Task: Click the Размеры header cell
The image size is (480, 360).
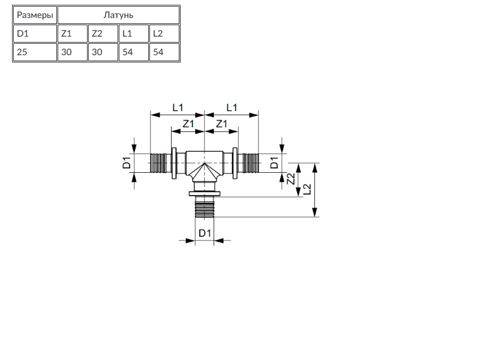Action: (35, 15)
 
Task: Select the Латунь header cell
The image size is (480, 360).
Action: (118, 15)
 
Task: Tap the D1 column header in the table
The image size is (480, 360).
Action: (35, 34)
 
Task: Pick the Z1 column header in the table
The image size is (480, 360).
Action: (73, 34)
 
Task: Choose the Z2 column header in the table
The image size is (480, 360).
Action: (103, 34)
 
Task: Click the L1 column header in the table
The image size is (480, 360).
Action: (134, 34)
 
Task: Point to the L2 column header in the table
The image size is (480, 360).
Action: (164, 34)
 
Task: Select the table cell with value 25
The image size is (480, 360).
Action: (35, 52)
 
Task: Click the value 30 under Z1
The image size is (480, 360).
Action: (73, 52)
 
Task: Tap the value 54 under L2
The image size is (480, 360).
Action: (164, 52)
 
